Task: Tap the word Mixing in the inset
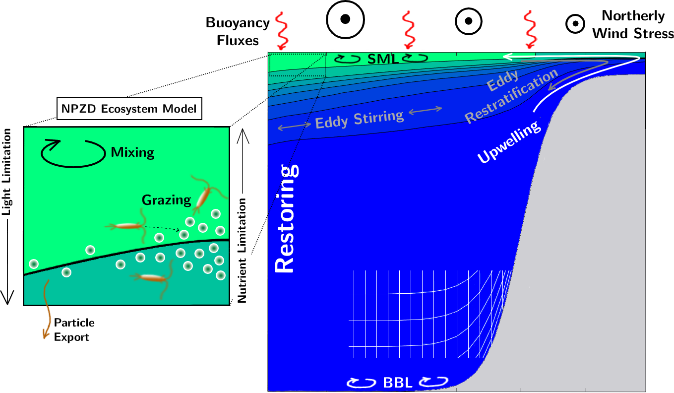tap(133, 152)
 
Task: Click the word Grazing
tap(167, 200)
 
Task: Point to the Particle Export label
tap(74, 330)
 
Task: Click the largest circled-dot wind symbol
tap(345, 19)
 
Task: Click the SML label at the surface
tap(383, 59)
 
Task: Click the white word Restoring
tap(285, 218)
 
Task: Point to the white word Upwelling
tap(509, 142)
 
